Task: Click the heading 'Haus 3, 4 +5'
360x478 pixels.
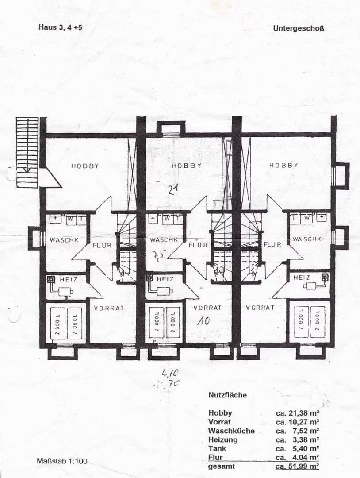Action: coord(60,27)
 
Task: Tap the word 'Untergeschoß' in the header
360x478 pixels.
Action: coord(299,28)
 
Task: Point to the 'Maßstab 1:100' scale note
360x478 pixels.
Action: coord(62,461)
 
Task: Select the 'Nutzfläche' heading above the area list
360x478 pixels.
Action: coord(228,395)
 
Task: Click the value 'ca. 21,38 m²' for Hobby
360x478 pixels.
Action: coord(297,413)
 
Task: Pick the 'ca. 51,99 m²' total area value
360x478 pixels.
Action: coord(297,466)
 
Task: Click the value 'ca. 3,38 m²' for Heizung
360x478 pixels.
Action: coord(297,439)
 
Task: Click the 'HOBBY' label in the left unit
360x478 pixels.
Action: coord(85,166)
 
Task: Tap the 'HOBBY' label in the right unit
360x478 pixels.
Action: coord(283,165)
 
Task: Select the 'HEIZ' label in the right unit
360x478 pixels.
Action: coord(301,278)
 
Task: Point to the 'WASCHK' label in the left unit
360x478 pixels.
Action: coord(64,240)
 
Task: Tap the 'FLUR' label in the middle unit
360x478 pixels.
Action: coord(198,245)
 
